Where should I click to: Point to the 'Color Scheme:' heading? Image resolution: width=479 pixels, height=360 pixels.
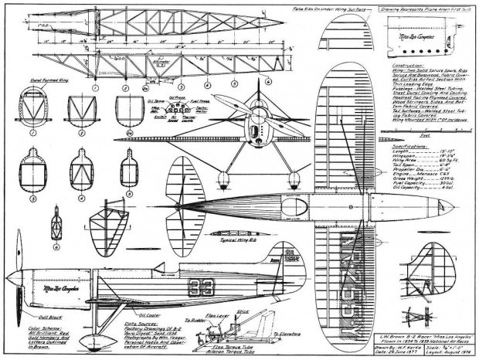point(21,273)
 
